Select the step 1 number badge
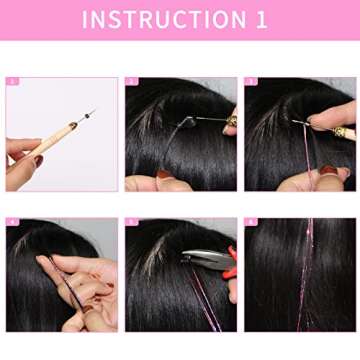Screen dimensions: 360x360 coord(12,82)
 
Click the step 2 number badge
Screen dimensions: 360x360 coord(131,82)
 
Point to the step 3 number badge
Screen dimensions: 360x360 coord(250,82)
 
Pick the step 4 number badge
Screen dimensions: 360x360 coord(12,222)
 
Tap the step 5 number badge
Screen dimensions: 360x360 coord(131,222)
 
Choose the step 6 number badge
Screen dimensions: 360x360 coord(250,222)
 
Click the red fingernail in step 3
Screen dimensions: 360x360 coord(328,171)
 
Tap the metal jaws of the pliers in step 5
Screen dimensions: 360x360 coord(195,259)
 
